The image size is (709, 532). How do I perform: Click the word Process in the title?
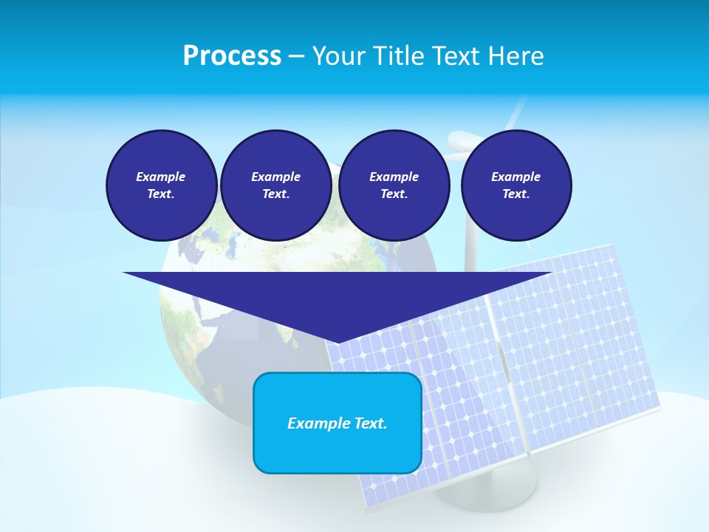click(x=232, y=56)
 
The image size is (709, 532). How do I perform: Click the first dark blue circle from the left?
click(x=161, y=185)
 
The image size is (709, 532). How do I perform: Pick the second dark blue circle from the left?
click(x=275, y=185)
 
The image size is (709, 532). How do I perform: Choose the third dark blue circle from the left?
click(x=394, y=185)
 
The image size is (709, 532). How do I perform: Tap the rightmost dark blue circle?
click(x=516, y=185)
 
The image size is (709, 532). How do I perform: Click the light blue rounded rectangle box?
click(x=338, y=423)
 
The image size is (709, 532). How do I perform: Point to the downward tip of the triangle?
click(x=338, y=341)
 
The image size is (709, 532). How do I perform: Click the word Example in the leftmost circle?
click(x=161, y=177)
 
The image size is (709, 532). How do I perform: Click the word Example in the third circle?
click(x=394, y=177)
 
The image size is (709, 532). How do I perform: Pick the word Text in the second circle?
click(x=275, y=194)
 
